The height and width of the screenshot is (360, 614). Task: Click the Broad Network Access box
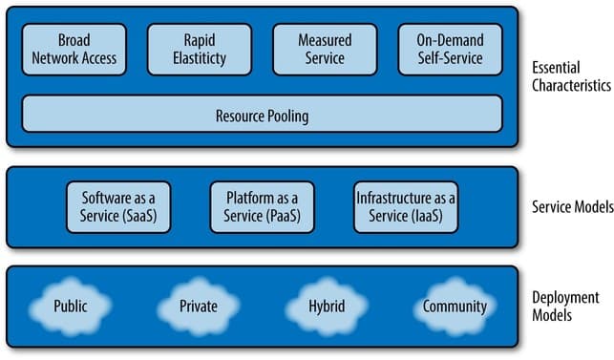coord(74,50)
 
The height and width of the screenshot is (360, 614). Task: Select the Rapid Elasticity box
coord(200,50)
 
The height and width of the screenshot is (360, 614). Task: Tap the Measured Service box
coord(324,50)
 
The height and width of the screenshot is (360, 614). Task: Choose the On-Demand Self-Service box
coord(450,50)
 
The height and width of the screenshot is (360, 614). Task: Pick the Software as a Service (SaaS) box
coord(118,206)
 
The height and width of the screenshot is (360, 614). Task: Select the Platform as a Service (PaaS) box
coord(262,206)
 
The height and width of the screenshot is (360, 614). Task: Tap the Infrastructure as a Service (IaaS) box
coord(406,206)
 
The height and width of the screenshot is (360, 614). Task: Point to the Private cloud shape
coord(198,307)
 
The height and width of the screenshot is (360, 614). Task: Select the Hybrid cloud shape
coord(326,307)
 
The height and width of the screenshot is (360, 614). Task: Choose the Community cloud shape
coord(454,307)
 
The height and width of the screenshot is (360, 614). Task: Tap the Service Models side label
coord(566,207)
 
